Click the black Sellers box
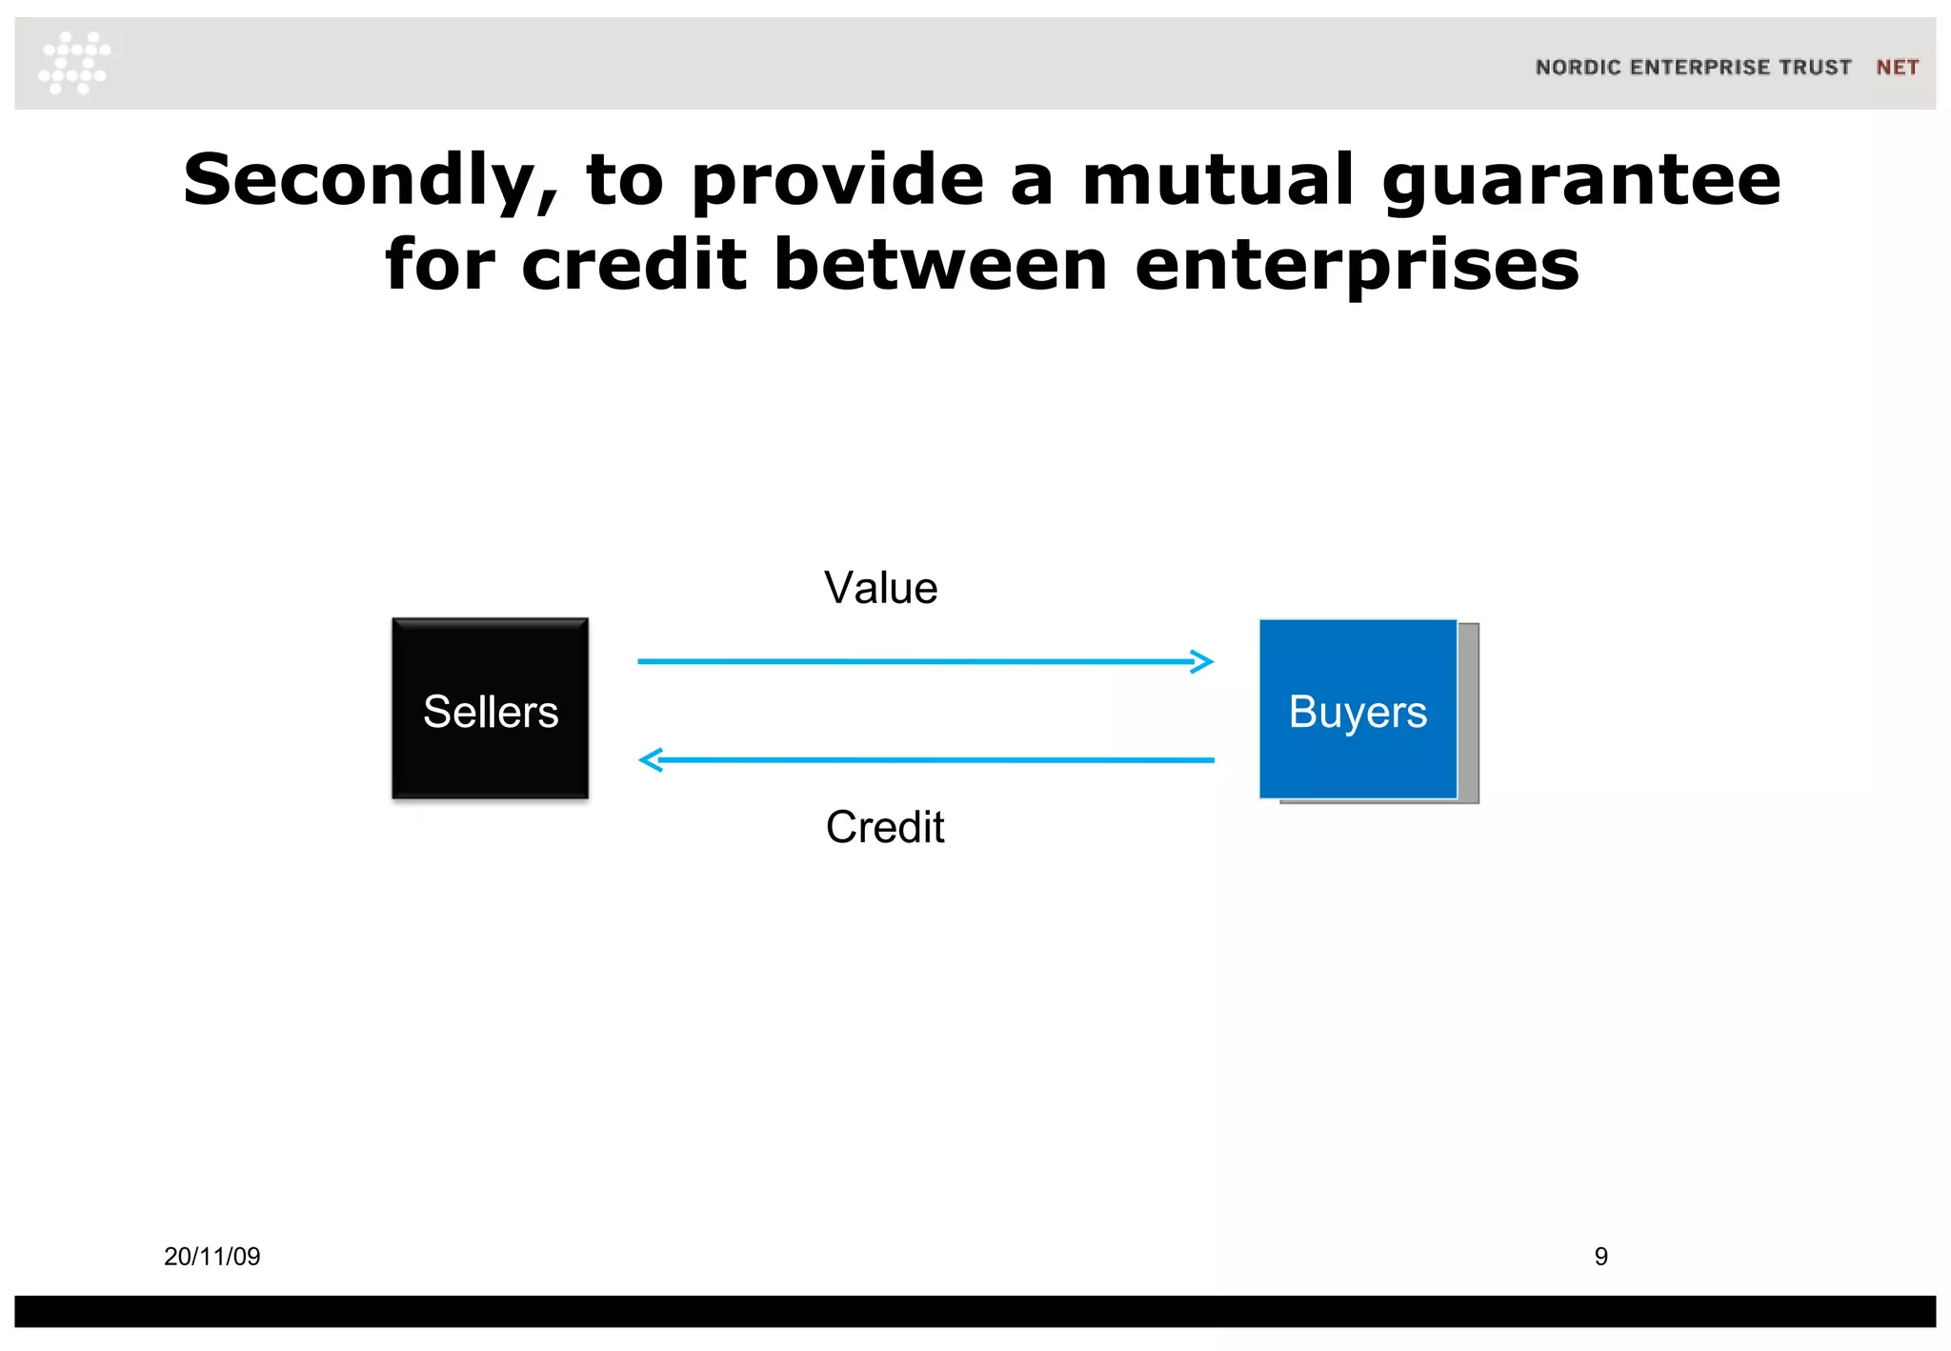tap(490, 708)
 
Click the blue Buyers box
tap(1358, 709)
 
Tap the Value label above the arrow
tap(880, 588)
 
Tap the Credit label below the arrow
tap(885, 827)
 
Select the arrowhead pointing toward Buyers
tap(1203, 661)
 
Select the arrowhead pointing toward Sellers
tap(651, 760)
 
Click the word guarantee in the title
tap(1580, 181)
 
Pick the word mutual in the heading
tap(1217, 181)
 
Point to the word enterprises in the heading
tap(1358, 265)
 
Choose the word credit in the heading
tap(634, 265)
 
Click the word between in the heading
tap(940, 265)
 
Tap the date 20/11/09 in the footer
tap(211, 1257)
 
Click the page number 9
tap(1601, 1257)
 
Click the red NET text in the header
tap(1897, 68)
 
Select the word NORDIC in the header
tap(1578, 68)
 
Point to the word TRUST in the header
tap(1815, 68)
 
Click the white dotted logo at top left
tap(74, 63)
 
